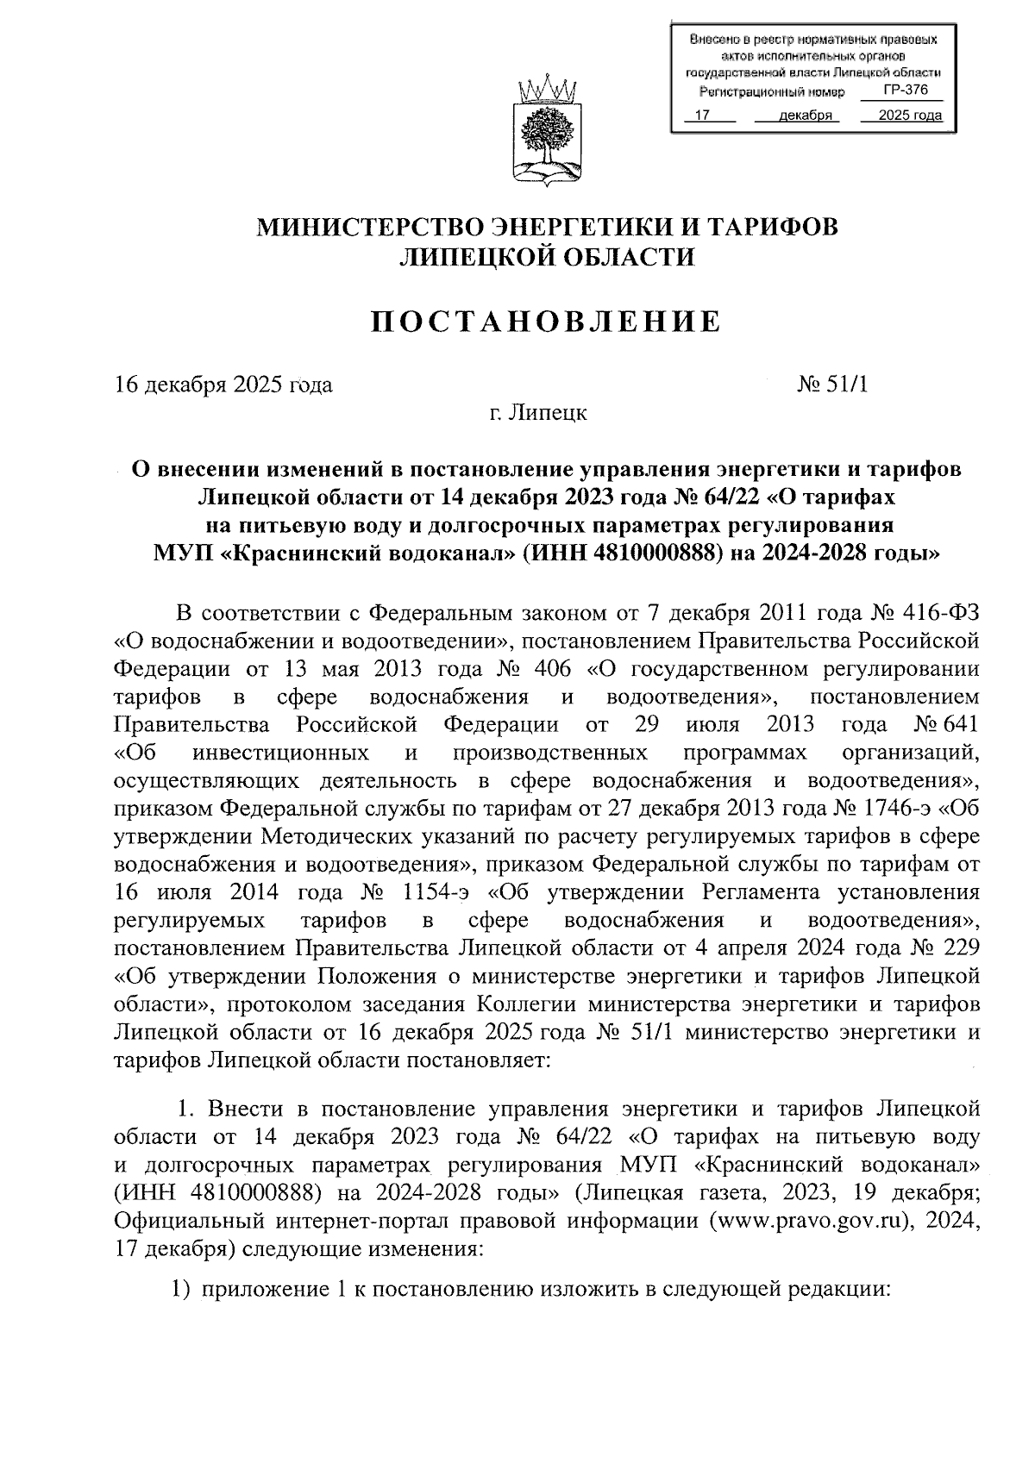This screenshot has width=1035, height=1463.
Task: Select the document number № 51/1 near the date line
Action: (832, 385)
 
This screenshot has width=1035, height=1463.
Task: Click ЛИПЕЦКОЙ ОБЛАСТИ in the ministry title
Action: (546, 257)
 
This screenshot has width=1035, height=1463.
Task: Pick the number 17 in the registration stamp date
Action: (702, 116)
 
